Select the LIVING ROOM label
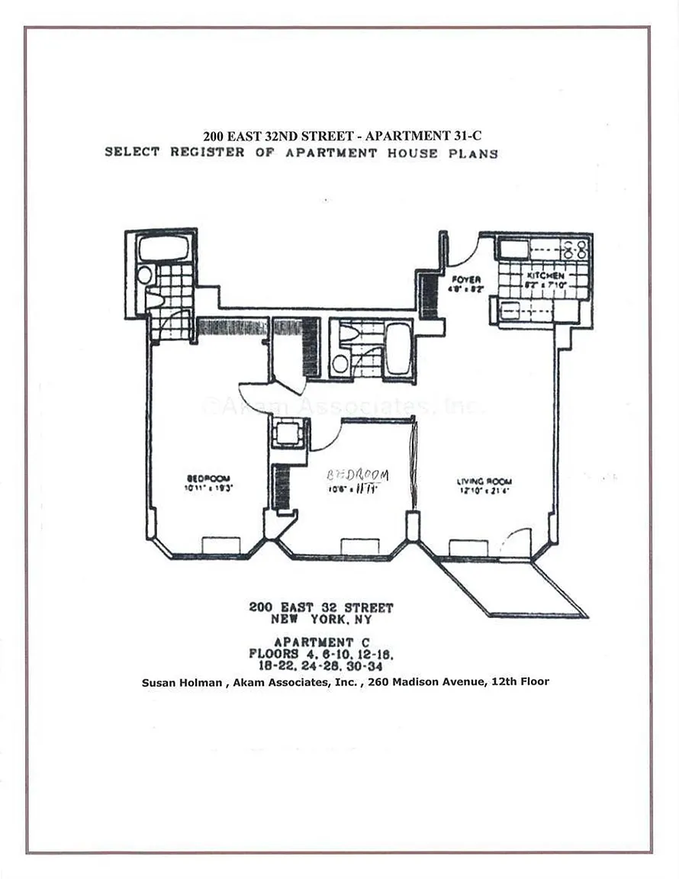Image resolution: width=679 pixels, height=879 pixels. coord(484,481)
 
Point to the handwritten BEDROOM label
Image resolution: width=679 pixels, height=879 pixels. coord(358,475)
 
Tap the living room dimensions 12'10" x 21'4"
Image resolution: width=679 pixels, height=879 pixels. coord(484,491)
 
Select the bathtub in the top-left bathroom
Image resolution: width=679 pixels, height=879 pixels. coord(163,249)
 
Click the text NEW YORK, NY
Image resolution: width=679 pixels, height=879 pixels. coord(321,620)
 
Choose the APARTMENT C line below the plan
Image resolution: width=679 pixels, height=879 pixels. coord(322,642)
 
